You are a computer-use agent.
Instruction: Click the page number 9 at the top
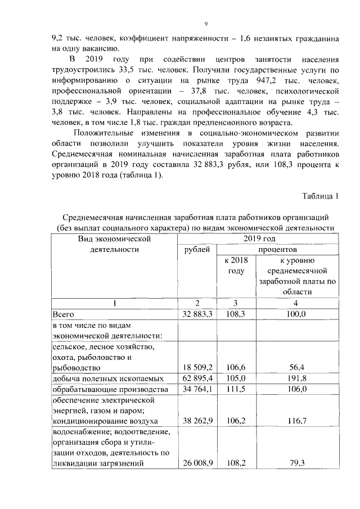pyautogui.click(x=205, y=23)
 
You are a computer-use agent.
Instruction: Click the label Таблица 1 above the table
pyautogui.click(x=321, y=196)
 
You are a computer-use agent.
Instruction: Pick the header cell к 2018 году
pyautogui.click(x=236, y=265)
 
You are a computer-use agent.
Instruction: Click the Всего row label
pyautogui.click(x=64, y=314)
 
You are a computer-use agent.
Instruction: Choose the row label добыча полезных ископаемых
pyautogui.click(x=107, y=379)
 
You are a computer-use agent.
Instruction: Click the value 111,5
pyautogui.click(x=236, y=390)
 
